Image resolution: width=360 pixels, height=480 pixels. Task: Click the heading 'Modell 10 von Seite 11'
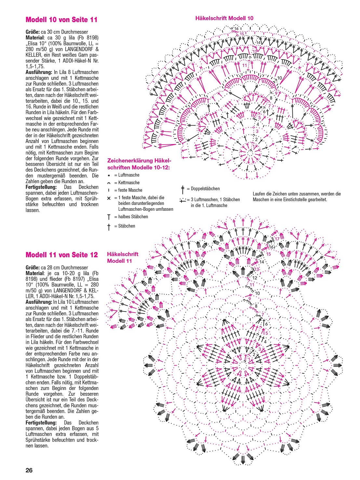pos(61,20)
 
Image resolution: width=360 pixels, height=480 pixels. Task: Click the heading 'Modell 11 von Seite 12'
pos(61,255)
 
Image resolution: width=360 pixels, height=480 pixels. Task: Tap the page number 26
pos(29,470)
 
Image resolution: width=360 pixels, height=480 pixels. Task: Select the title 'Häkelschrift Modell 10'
pos(224,18)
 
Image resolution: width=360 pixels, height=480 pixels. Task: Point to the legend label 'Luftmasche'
pos(129,175)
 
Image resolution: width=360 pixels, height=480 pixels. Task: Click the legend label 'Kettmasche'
pos(129,183)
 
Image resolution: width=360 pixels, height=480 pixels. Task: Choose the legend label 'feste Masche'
pos(130,190)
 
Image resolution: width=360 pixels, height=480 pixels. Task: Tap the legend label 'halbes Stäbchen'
pos(133,217)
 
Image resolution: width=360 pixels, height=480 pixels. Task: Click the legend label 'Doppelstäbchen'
pos(205,189)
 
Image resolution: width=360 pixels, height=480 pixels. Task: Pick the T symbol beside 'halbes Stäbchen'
pos(109,217)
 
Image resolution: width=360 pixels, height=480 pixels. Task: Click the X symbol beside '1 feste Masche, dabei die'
pos(109,198)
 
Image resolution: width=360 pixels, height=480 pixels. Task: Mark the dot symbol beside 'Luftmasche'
pos(109,175)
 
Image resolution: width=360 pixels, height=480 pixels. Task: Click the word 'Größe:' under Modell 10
pos(33,32)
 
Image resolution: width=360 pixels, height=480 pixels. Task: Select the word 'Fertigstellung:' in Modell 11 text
pos(41,423)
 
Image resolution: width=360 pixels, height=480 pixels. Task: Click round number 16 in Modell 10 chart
pos(236,29)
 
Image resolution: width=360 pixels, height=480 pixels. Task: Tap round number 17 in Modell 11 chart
pos(277,239)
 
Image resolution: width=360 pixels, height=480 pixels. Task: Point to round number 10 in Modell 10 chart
pos(279,78)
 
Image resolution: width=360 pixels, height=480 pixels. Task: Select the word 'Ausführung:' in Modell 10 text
pos(39,72)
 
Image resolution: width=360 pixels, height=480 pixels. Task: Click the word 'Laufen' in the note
pos(259,194)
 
